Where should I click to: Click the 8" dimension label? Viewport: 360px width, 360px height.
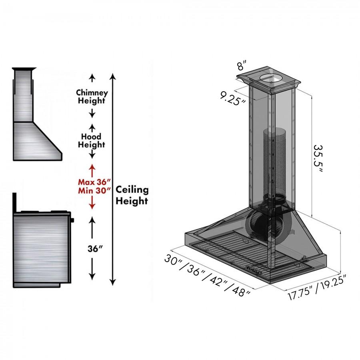pyautogui.click(x=242, y=64)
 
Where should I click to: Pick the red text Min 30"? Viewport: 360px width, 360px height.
pyautogui.click(x=94, y=191)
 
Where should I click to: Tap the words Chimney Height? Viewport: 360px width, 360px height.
pyautogui.click(x=92, y=96)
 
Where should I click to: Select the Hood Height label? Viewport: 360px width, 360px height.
pyautogui.click(x=92, y=140)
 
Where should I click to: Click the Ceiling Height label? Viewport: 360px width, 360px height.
pyautogui.click(x=132, y=195)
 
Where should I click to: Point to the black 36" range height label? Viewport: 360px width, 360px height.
pyautogui.click(x=96, y=248)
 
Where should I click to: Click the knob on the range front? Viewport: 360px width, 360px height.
pyautogui.click(x=73, y=220)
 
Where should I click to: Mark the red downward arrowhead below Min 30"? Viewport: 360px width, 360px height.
pyautogui.click(x=92, y=206)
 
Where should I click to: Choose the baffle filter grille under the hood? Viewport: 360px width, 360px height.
pyautogui.click(x=240, y=252)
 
